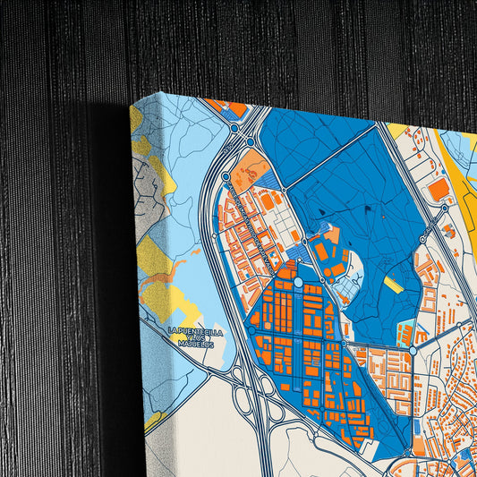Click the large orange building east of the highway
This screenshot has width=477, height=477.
[439, 189]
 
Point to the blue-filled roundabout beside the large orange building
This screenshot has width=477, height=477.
[445, 209]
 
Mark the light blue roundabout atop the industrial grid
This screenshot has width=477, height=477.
[298, 283]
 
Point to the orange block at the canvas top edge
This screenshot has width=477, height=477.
[235, 109]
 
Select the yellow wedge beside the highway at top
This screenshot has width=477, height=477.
[397, 131]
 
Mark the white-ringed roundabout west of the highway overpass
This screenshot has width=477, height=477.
[234, 129]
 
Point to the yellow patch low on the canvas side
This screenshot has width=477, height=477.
[152, 417]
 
